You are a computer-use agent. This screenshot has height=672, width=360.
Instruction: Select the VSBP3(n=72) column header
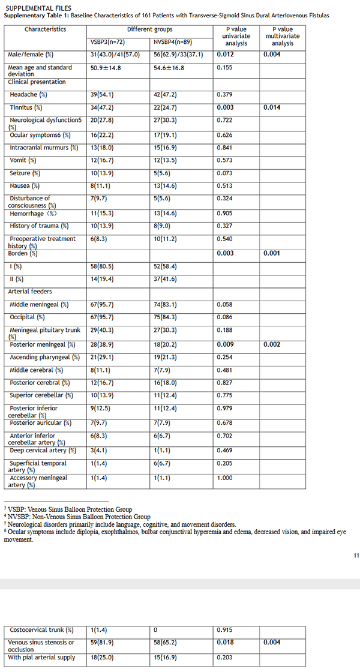tap(108, 42)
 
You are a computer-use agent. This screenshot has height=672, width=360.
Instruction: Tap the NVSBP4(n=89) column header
tap(175, 42)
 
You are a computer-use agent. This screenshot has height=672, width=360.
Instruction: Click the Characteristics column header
tap(46, 29)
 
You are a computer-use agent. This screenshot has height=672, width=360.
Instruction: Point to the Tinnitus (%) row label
tap(26, 107)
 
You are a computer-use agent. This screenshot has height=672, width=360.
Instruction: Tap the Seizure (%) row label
tap(24, 173)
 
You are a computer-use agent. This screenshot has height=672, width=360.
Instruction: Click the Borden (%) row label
tap(23, 253)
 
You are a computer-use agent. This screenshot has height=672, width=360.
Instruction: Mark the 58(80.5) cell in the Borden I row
tap(101, 265)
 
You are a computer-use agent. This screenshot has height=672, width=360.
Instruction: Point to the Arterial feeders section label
tap(29, 292)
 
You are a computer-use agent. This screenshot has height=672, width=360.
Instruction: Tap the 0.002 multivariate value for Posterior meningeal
tap(271, 344)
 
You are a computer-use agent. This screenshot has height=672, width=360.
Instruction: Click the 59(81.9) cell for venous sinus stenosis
tap(102, 643)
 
